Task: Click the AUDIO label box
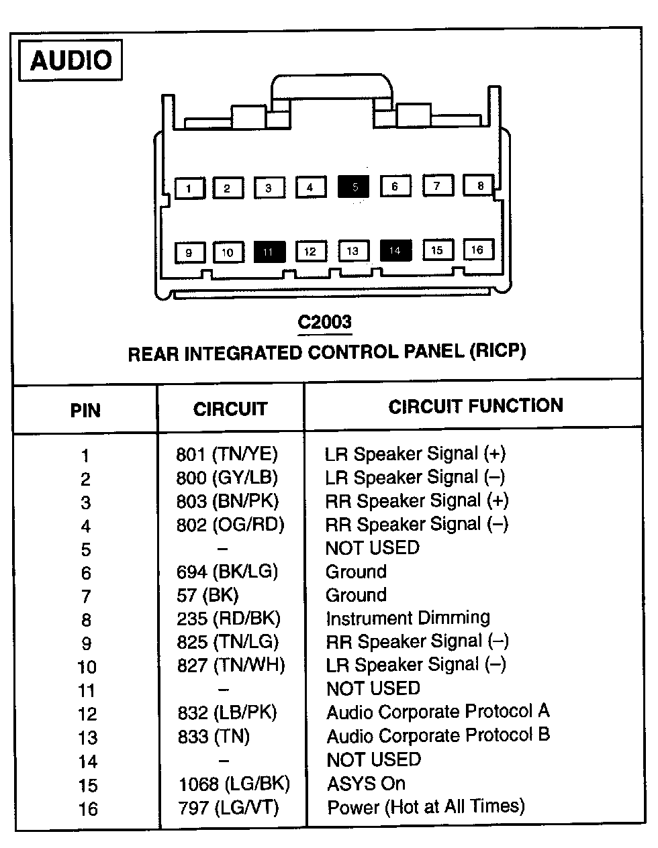click(x=70, y=61)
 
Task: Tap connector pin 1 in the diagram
click(x=189, y=188)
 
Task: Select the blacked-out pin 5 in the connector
click(x=354, y=187)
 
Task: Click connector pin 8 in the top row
click(x=479, y=185)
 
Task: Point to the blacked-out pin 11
click(x=269, y=252)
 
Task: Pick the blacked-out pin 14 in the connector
click(x=395, y=250)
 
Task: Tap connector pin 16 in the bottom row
click(x=477, y=250)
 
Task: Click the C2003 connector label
click(x=325, y=322)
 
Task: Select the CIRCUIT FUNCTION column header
click(x=475, y=406)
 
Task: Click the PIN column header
click(x=85, y=411)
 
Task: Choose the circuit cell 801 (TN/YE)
click(x=227, y=454)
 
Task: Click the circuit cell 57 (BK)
click(x=207, y=595)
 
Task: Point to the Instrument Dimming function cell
click(x=408, y=618)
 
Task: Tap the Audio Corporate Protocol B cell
click(x=438, y=735)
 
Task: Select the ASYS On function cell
click(x=366, y=783)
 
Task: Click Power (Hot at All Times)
click(x=426, y=806)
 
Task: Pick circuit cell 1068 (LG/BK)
click(x=234, y=783)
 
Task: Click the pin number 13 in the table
click(x=87, y=738)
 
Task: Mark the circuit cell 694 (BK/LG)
click(x=228, y=572)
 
